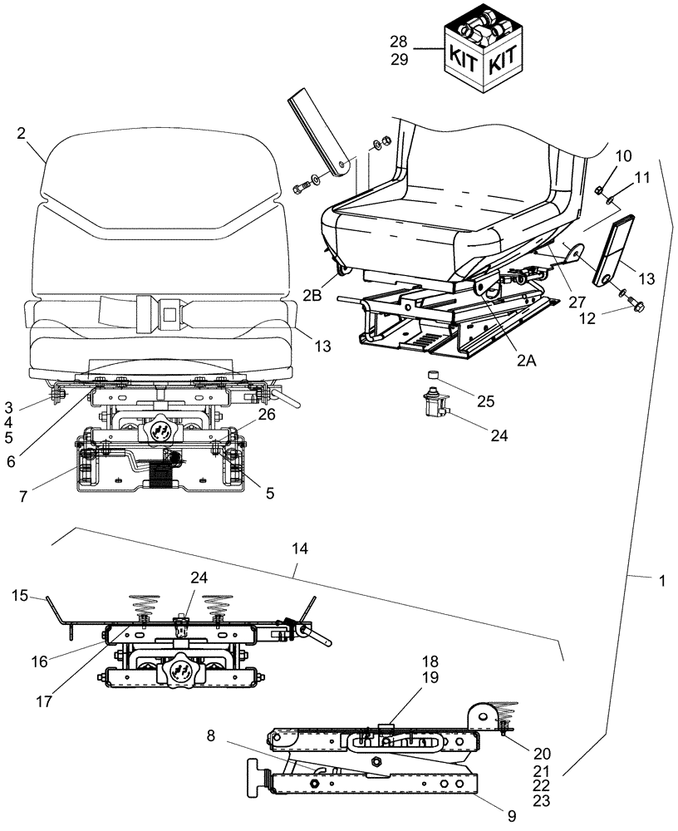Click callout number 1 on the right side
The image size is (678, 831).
click(662, 583)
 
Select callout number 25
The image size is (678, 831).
click(486, 402)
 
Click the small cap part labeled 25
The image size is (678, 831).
click(433, 376)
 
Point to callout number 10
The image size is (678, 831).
click(622, 156)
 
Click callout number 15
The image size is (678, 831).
click(22, 595)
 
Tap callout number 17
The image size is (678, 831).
click(45, 701)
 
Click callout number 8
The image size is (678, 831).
click(212, 735)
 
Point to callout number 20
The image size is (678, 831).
click(542, 754)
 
